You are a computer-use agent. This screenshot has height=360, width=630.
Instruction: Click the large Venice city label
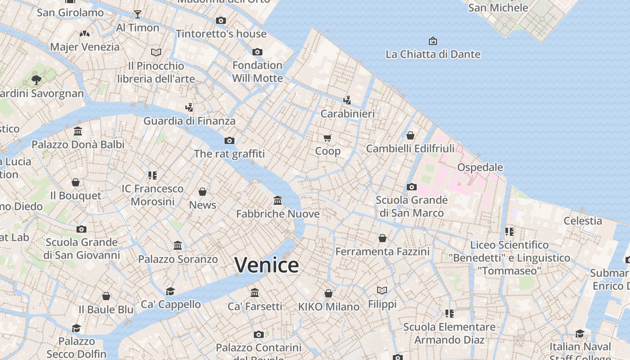[266, 265]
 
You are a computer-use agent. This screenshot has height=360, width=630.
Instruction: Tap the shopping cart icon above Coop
[328, 138]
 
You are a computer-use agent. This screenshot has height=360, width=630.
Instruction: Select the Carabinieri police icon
[347, 100]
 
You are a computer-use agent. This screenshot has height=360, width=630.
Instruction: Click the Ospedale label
[480, 167]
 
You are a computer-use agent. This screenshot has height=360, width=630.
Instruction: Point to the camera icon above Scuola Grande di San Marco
[411, 187]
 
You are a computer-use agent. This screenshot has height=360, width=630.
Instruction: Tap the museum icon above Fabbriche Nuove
[278, 200]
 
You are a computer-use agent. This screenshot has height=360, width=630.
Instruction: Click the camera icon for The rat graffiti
[229, 140]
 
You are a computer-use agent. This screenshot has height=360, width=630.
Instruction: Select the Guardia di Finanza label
[189, 121]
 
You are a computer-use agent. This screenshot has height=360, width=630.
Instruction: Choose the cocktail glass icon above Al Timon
[138, 14]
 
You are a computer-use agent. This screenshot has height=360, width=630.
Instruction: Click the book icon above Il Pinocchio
[156, 53]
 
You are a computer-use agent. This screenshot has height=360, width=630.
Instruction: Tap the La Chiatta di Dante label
[433, 54]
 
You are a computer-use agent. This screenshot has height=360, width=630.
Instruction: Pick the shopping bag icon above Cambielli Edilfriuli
[410, 135]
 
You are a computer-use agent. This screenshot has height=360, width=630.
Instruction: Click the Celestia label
[583, 220]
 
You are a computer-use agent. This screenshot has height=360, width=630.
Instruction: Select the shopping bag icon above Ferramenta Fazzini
[382, 238]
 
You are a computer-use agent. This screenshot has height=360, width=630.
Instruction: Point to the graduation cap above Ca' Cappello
[170, 291]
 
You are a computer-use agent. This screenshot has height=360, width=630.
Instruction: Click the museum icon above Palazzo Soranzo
[178, 246]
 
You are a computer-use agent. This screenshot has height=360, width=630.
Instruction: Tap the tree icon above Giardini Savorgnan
[36, 80]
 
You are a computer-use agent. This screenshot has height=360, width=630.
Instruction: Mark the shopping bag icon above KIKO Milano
[328, 293]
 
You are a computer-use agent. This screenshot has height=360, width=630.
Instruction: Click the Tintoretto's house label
[221, 34]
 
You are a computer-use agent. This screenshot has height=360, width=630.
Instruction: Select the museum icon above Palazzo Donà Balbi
[78, 131]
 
